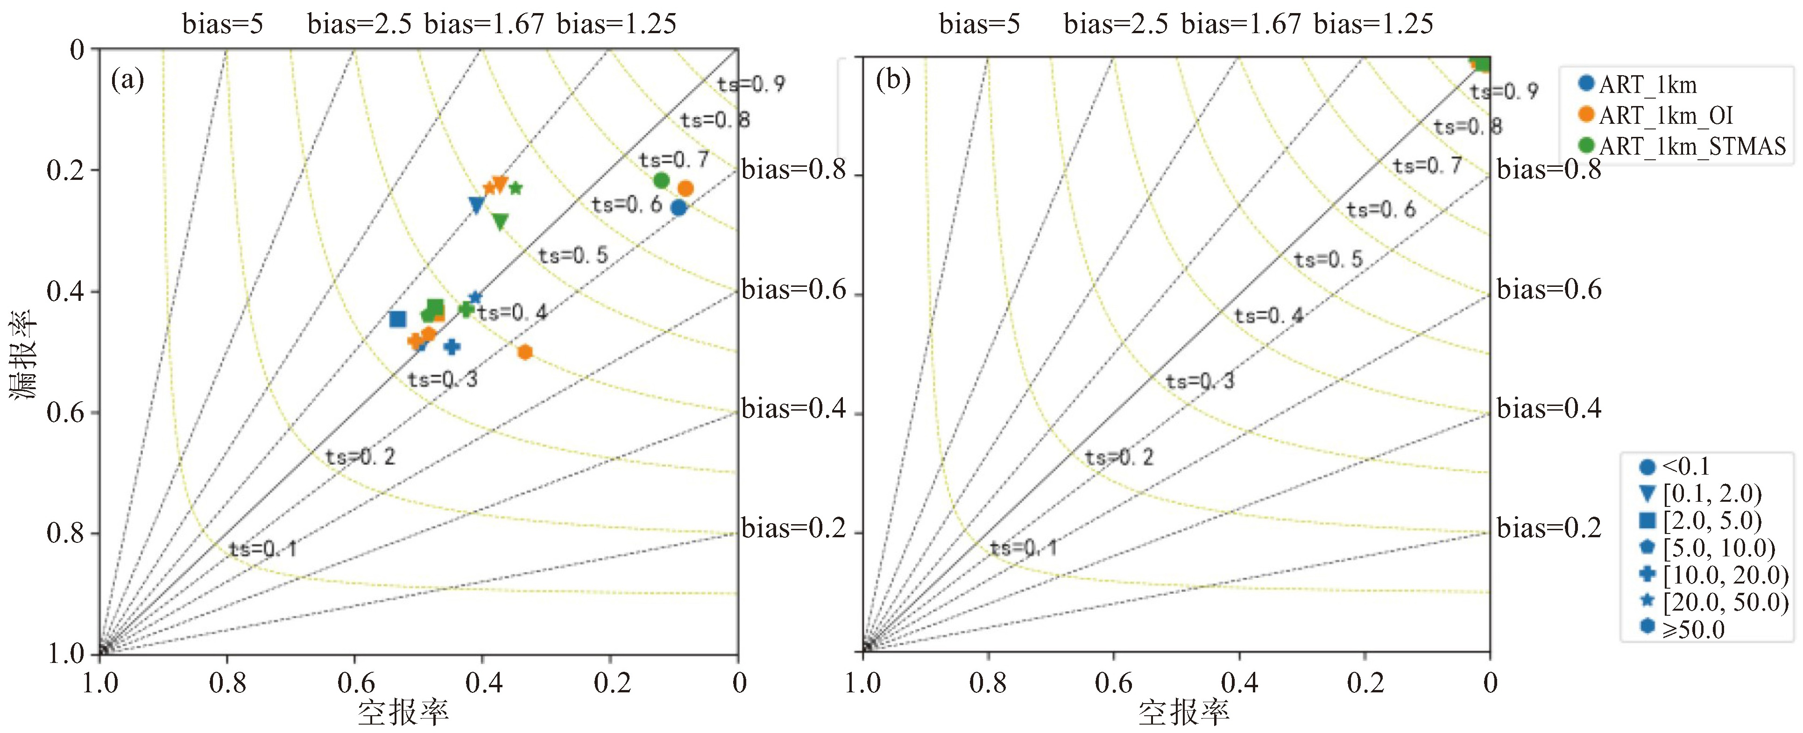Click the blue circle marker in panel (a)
[x=678, y=207]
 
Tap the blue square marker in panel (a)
[x=397, y=319]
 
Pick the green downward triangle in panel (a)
[x=500, y=221]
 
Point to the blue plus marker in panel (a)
[x=452, y=347]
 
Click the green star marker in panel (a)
[x=516, y=188]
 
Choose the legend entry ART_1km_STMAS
[x=1692, y=146]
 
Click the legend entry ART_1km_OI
[x=1665, y=115]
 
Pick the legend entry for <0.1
[x=1685, y=466]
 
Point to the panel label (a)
[x=127, y=80]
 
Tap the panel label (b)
[x=893, y=80]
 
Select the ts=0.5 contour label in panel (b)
[x=1328, y=260]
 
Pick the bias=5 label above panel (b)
[x=979, y=24]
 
